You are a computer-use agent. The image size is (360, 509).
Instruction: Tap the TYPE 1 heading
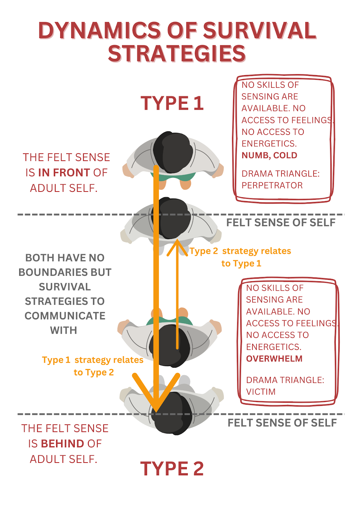click(x=172, y=103)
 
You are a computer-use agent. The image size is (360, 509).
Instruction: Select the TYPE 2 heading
click(x=172, y=469)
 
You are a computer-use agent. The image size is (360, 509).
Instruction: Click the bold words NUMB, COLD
click(x=269, y=156)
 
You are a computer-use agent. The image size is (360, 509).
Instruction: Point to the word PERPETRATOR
click(x=272, y=185)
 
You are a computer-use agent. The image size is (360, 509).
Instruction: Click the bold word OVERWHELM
click(x=274, y=359)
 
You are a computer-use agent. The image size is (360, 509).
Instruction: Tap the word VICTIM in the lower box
click(x=261, y=392)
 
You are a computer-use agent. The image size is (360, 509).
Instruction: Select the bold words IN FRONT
click(x=64, y=173)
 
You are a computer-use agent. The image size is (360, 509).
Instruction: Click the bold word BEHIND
click(x=62, y=444)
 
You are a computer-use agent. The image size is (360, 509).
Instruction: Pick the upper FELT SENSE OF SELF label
click(x=281, y=223)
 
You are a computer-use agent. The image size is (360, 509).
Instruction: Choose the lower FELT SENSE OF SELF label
click(x=282, y=423)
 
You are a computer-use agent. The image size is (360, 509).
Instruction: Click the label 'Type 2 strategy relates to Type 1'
click(x=241, y=257)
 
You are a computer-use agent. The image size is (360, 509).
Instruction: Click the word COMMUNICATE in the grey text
click(x=65, y=316)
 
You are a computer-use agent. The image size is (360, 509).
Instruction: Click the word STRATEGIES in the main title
click(x=177, y=54)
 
